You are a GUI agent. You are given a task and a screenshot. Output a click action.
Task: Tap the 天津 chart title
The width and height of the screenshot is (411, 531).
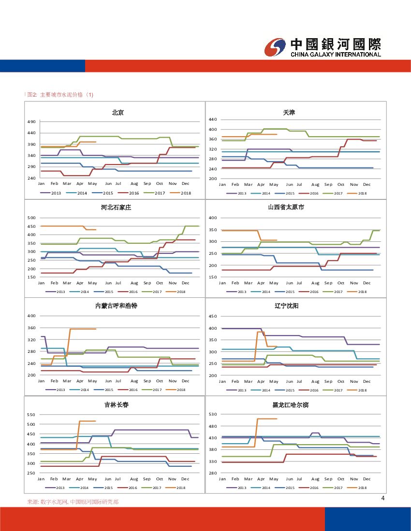point(289,112)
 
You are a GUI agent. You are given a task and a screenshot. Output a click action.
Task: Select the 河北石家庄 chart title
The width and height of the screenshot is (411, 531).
point(116,208)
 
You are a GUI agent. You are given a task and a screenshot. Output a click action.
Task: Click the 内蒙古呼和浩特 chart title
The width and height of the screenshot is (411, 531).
point(116,306)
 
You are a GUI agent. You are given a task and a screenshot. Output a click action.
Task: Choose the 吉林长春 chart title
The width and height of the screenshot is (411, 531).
point(117,405)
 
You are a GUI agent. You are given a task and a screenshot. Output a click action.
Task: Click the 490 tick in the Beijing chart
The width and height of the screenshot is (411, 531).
point(31,122)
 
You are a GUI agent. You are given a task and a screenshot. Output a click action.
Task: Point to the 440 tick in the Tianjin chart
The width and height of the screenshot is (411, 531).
point(212,119)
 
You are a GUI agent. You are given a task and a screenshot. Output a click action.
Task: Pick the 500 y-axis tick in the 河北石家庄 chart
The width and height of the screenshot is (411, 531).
point(31,218)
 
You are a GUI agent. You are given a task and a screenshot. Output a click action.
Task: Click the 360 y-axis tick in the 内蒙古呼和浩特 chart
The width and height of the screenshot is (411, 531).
point(31,328)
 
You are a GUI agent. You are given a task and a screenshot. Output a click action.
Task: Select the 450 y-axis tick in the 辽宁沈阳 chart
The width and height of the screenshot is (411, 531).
point(212,317)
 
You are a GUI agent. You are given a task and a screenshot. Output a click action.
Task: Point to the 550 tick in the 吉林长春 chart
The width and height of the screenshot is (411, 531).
point(31,415)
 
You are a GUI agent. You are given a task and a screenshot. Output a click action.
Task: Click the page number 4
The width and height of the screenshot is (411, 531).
point(382,498)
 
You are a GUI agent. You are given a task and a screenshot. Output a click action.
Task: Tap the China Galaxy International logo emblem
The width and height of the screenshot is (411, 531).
point(276,47)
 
